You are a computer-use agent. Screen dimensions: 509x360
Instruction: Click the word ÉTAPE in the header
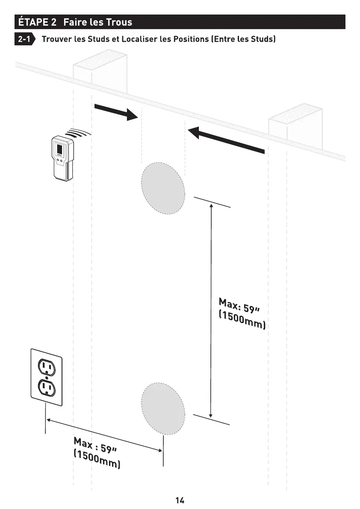click(32, 22)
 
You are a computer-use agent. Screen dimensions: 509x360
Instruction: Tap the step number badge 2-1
click(24, 40)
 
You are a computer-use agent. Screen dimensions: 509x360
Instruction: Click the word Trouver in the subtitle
click(56, 40)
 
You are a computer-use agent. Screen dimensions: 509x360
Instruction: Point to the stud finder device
click(62, 158)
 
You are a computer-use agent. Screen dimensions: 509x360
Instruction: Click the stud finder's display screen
click(59, 150)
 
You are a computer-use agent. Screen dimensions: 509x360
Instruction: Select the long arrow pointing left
click(227, 139)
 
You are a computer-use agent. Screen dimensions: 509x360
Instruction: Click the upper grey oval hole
click(163, 188)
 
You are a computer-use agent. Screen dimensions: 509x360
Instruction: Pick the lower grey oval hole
click(163, 408)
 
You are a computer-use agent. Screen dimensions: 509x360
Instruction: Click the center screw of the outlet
click(46, 377)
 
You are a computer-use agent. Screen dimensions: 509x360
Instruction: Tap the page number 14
click(180, 500)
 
